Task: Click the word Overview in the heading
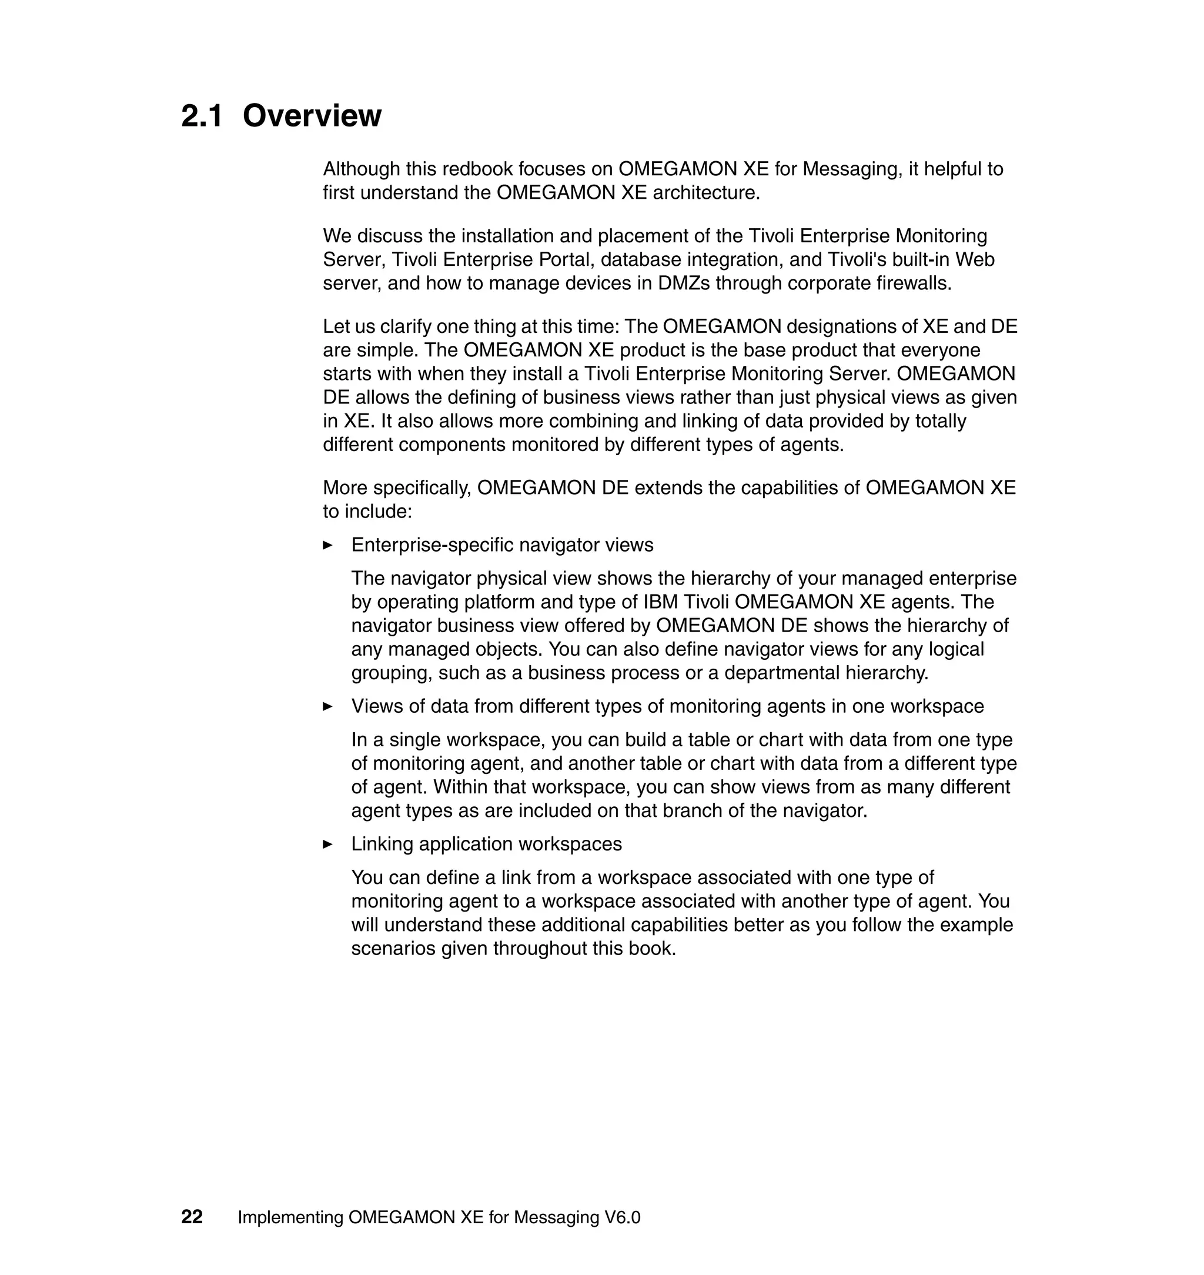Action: (312, 116)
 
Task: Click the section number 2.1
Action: (202, 116)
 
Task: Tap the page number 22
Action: (192, 1217)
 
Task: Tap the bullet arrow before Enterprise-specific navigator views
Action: (328, 546)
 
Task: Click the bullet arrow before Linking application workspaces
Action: (328, 845)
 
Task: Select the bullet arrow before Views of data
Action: (328, 707)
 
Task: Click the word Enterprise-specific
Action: (432, 545)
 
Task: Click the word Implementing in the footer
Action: (290, 1217)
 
